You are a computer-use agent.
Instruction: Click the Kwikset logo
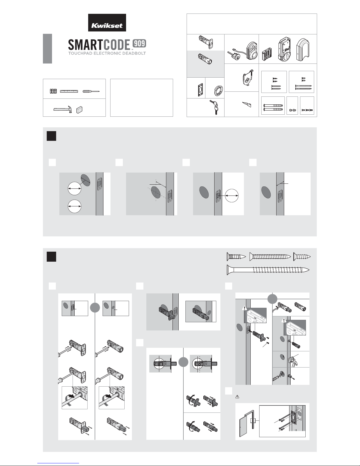pos(107,26)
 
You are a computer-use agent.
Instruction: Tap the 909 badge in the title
pos(139,44)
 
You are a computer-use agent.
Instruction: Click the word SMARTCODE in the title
pos(99,45)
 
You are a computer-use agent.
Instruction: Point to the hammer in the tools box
pos(62,109)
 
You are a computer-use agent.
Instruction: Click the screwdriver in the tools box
pos(91,91)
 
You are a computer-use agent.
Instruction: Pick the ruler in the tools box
pos(69,91)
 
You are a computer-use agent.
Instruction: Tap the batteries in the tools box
pos(53,91)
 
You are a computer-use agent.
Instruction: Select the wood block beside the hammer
pos(79,110)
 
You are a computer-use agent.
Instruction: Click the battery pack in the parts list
pos(267,54)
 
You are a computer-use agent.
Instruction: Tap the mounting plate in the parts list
pos(248,78)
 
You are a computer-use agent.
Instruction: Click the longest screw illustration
pos(268,270)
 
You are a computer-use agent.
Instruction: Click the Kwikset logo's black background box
pos(107,23)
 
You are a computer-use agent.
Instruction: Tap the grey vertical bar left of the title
pos(47,49)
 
